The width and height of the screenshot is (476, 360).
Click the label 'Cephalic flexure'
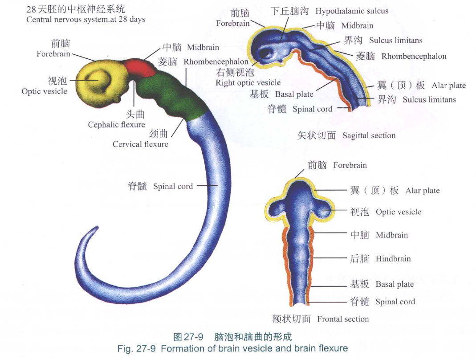click(116, 125)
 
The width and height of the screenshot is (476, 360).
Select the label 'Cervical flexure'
click(140, 144)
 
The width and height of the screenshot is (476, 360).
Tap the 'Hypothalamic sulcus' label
click(352, 11)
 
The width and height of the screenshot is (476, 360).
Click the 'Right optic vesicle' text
click(248, 82)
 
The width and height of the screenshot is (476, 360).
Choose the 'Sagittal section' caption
click(369, 135)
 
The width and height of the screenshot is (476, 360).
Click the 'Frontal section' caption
click(343, 319)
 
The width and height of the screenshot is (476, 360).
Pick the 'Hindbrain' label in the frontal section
click(393, 259)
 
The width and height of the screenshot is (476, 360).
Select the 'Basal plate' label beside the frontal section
click(395, 284)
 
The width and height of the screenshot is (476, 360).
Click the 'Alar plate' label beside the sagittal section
click(448, 86)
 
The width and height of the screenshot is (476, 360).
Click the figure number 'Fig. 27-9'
click(136, 348)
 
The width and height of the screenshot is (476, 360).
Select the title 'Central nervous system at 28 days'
click(85, 19)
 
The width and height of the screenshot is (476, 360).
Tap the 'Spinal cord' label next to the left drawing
click(173, 186)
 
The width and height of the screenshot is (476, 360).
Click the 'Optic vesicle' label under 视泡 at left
click(44, 91)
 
